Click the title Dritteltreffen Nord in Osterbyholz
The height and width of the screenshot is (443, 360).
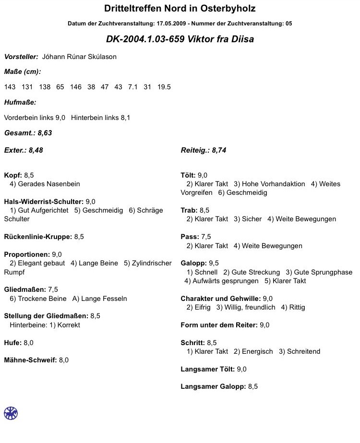[180, 9]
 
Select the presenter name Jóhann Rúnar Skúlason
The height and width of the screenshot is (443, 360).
[79, 57]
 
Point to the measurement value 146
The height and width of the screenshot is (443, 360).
[76, 87]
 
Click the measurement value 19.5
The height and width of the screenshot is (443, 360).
[164, 87]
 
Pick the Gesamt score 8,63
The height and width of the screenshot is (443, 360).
[45, 133]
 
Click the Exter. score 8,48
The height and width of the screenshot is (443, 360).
[36, 150]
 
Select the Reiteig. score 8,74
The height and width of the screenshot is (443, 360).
[219, 150]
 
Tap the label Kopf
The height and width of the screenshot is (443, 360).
[12, 175]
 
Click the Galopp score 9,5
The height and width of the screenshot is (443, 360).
[214, 263]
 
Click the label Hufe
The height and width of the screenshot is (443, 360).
[12, 343]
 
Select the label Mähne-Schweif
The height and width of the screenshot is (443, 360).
[30, 360]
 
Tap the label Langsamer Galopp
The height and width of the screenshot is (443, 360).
[213, 386]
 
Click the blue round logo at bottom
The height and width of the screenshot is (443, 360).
[11, 412]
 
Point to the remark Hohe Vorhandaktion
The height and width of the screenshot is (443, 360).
[269, 184]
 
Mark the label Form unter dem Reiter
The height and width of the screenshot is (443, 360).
[219, 325]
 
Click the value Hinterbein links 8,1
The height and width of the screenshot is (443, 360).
[100, 118]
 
